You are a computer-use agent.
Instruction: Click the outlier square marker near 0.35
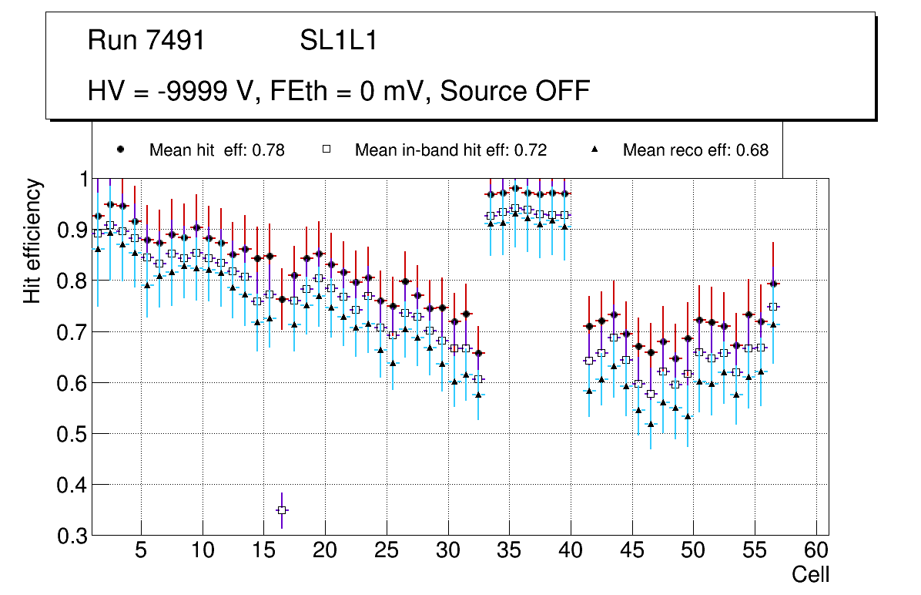click(x=282, y=510)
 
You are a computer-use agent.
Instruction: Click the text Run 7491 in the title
click(x=146, y=41)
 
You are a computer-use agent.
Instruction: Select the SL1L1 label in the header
click(x=339, y=41)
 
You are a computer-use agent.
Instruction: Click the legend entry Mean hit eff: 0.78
click(x=217, y=150)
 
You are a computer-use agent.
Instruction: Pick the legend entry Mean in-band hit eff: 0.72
click(x=450, y=150)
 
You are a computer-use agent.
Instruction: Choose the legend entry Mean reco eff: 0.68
click(x=695, y=150)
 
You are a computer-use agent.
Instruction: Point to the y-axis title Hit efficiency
click(x=32, y=241)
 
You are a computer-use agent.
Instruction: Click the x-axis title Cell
click(x=811, y=575)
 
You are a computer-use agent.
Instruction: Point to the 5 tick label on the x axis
click(x=141, y=552)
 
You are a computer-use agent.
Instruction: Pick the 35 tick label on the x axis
click(x=509, y=552)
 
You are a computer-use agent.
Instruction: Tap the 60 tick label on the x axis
click(x=816, y=552)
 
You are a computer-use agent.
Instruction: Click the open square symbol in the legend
click(x=326, y=150)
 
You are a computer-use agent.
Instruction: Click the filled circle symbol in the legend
click(x=120, y=150)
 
